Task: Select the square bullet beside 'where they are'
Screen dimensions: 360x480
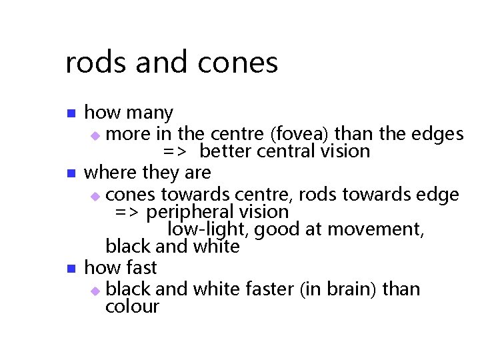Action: pos(71,173)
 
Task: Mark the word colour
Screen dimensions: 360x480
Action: pos(133,307)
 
